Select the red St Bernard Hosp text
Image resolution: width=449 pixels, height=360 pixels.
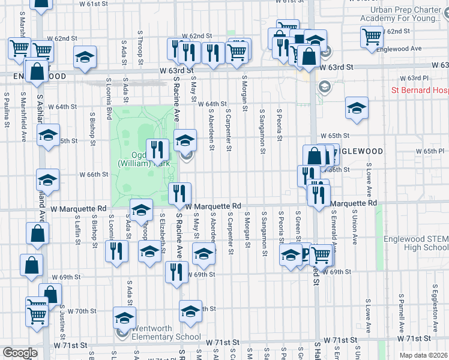coord(420,91)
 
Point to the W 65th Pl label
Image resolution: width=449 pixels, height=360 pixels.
coord(432,151)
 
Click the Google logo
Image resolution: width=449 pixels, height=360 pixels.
coord(19,353)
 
